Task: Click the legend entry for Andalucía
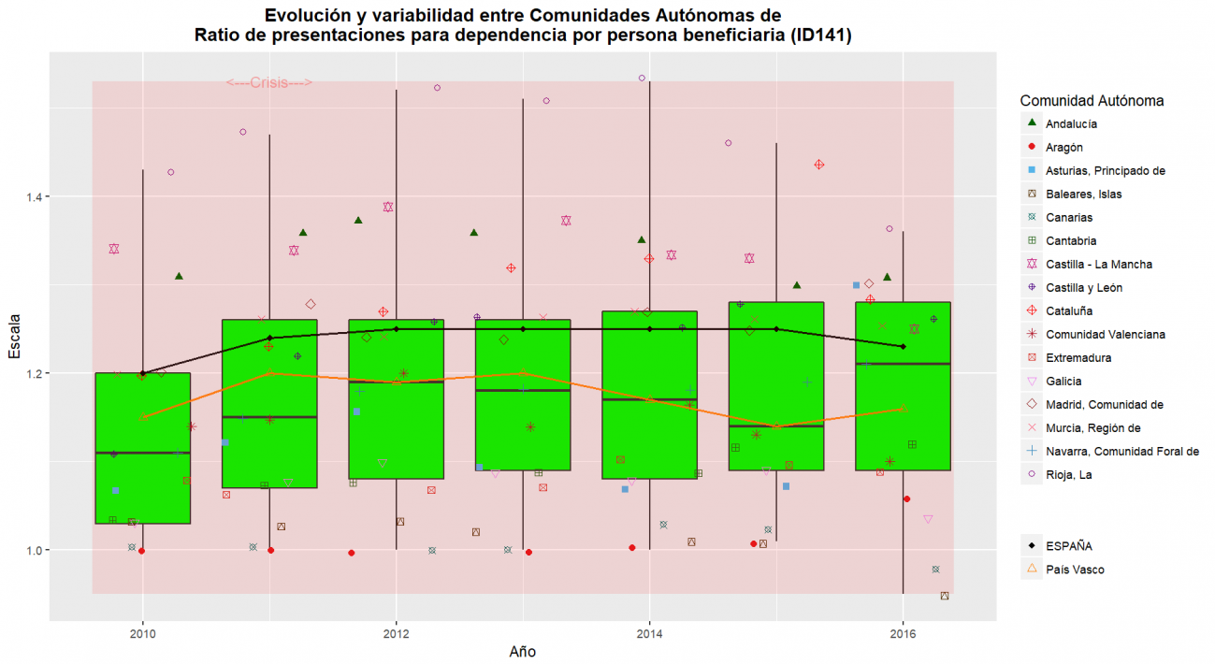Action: click(x=1071, y=123)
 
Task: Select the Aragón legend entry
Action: click(x=1064, y=147)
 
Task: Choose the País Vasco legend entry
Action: click(x=1075, y=569)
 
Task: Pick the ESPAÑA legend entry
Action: click(x=1068, y=545)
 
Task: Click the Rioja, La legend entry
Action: click(x=1069, y=474)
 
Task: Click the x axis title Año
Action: click(x=522, y=651)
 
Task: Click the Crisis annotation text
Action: click(x=269, y=82)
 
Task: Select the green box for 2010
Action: click(x=143, y=448)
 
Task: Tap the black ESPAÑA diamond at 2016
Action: click(x=903, y=347)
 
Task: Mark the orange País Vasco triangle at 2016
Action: click(x=903, y=409)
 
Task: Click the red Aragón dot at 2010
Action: click(x=141, y=551)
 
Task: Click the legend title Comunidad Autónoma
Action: click(x=1092, y=100)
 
